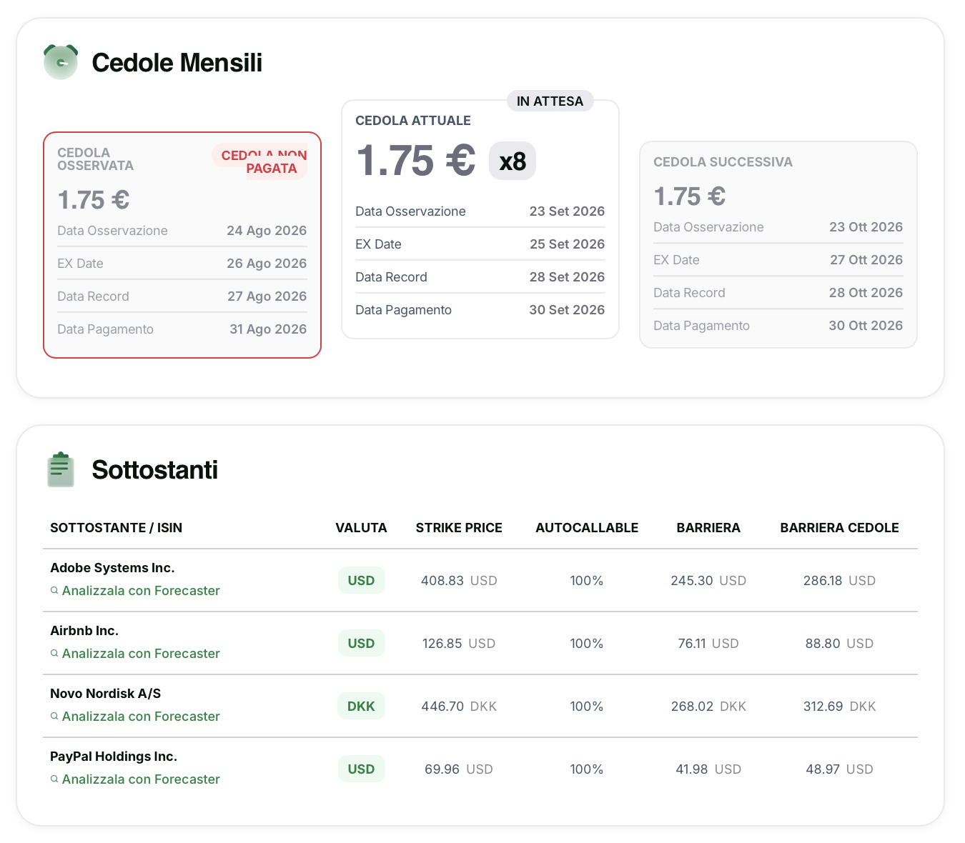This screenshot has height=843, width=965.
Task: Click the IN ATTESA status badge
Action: [550, 101]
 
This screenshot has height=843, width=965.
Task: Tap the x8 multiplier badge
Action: [513, 161]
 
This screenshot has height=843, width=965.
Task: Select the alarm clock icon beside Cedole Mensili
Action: [61, 61]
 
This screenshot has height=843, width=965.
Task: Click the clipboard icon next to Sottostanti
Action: [61, 469]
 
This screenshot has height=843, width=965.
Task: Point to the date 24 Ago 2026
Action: [267, 231]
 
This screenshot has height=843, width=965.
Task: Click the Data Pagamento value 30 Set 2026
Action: [566, 309]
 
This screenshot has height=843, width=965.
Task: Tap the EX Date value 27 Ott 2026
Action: [866, 259]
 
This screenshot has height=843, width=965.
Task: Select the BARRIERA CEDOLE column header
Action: [839, 528]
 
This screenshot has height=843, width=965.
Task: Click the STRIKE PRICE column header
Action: [458, 528]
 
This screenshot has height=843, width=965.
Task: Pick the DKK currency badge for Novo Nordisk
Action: [361, 706]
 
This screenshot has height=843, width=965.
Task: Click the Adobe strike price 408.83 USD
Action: [459, 581]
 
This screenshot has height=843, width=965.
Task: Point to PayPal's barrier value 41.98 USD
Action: [708, 769]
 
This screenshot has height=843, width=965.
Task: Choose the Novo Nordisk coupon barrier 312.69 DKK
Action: [839, 707]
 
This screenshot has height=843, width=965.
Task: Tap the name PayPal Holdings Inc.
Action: [114, 757]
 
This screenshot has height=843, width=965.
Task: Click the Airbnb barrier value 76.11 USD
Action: [708, 643]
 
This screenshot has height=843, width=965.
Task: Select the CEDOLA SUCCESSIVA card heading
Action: [723, 162]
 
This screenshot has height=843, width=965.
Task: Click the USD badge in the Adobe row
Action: [361, 580]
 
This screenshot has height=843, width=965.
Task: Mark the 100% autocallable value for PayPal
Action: [586, 769]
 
